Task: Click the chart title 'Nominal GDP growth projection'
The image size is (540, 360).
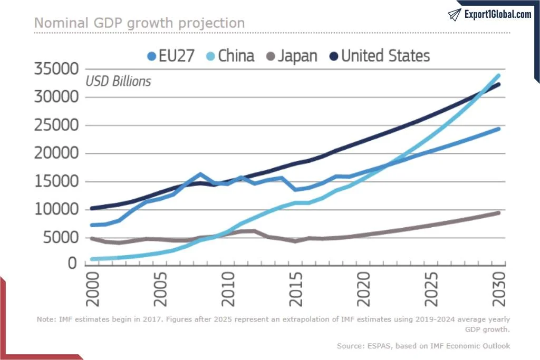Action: point(139,23)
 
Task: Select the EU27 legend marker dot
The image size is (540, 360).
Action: point(152,56)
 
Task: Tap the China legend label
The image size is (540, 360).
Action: point(236,56)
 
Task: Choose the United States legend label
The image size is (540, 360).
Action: point(385,56)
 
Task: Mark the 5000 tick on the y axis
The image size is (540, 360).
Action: point(63,238)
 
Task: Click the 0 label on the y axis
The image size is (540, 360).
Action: point(74,262)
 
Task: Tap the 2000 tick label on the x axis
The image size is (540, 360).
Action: point(93,290)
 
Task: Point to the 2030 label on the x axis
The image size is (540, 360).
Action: point(499,290)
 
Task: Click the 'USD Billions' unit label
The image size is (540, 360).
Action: point(118,82)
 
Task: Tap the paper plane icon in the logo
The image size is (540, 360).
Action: point(455,14)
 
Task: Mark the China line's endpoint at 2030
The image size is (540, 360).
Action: point(498,75)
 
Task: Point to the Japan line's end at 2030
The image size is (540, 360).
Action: point(498,212)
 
